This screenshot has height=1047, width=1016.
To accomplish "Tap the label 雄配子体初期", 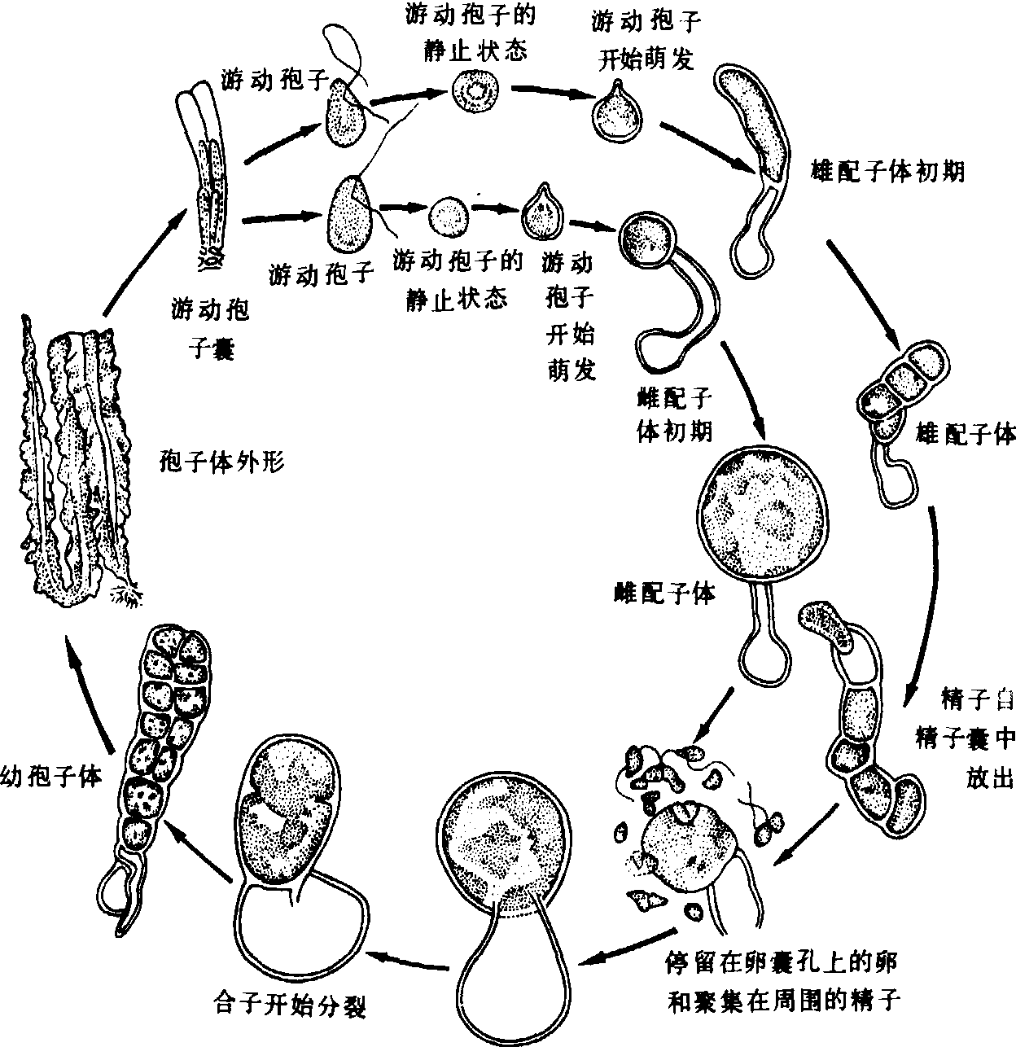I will tap(888, 172).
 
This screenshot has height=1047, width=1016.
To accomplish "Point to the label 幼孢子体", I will tap(51, 774).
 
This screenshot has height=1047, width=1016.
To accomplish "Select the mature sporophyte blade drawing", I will tap(77, 464).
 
